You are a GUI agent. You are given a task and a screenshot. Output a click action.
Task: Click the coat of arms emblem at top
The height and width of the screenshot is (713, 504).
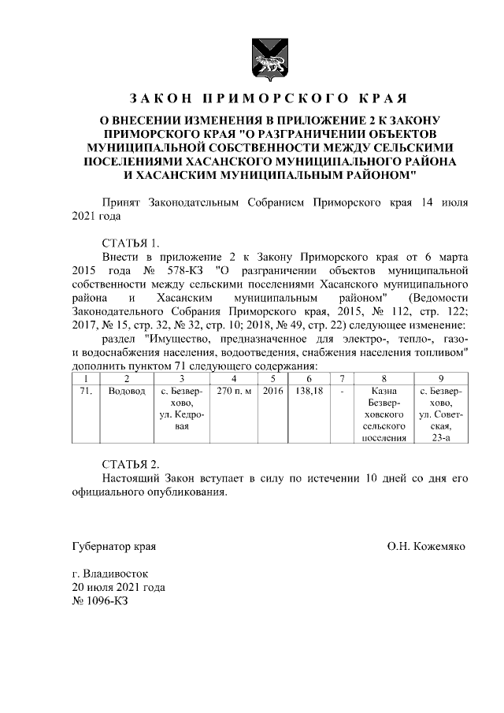tap(265, 60)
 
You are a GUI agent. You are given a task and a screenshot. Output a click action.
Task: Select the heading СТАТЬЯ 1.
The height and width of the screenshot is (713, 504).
tap(131, 243)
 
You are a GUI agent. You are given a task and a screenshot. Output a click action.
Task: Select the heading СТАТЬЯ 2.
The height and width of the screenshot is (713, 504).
tap(131, 464)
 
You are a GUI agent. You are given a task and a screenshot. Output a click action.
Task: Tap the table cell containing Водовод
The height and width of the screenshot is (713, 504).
tap(126, 391)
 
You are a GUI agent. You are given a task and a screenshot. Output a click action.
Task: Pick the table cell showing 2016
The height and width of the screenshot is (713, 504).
tap(272, 391)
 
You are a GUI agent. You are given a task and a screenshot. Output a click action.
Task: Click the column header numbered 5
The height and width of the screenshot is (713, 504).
tap(272, 378)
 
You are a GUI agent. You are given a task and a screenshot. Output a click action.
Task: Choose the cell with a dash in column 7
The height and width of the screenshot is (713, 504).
tap(341, 391)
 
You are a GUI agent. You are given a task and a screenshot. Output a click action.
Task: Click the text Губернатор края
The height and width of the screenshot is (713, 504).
tap(113, 545)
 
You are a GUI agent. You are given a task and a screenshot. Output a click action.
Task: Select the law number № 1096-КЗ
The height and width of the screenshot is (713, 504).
tap(99, 601)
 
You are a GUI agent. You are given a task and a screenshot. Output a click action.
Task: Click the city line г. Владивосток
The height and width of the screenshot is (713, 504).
tap(109, 574)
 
